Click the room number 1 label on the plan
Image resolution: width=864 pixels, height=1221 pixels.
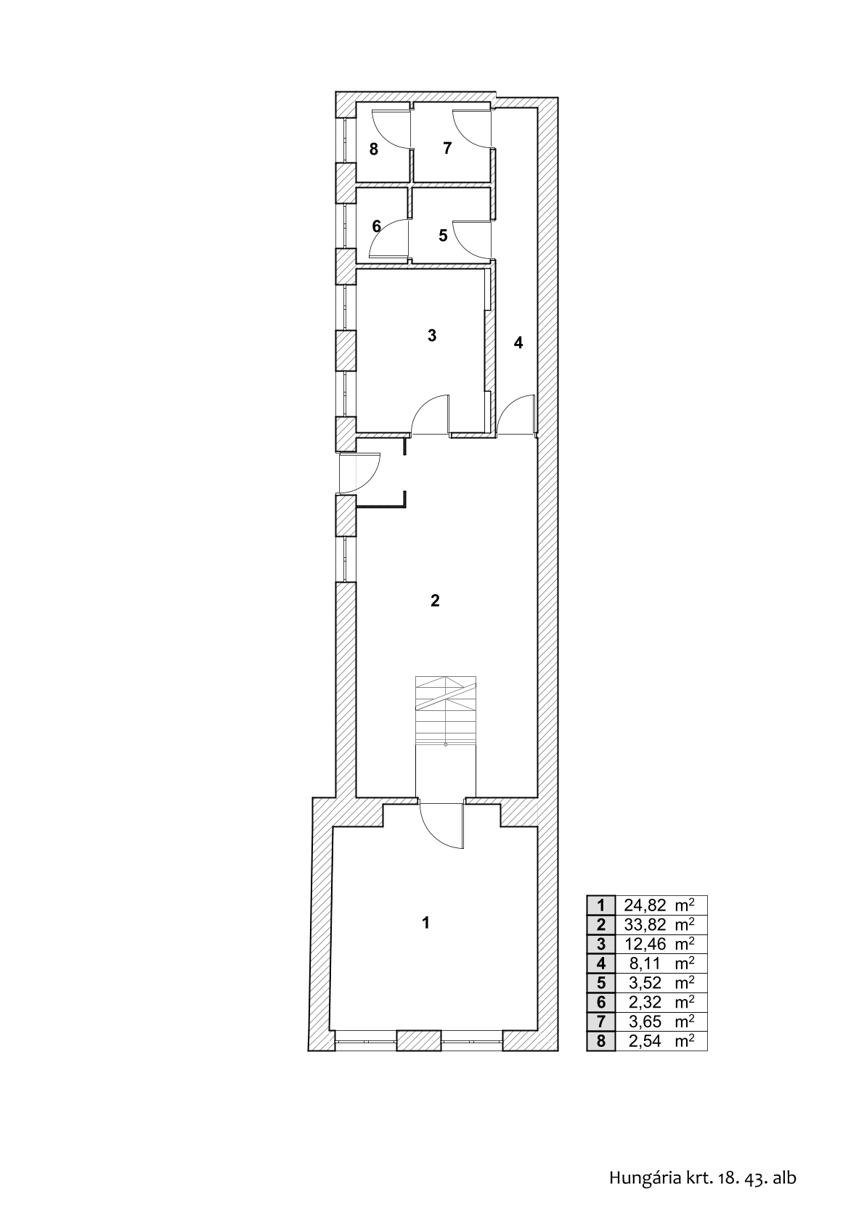pos(425,923)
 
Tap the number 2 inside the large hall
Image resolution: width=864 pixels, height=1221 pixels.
pos(435,601)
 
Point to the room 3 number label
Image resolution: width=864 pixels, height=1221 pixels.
pos(432,336)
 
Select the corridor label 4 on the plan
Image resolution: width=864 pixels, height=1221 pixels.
pos(518,343)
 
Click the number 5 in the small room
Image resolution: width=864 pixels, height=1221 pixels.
pos(443,236)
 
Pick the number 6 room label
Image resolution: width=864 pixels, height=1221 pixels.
pos(376,226)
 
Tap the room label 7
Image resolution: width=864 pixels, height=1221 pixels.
pos(447,148)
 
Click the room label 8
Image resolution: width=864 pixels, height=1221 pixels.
pos(374,149)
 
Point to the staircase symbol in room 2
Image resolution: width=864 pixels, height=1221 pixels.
pos(446,710)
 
